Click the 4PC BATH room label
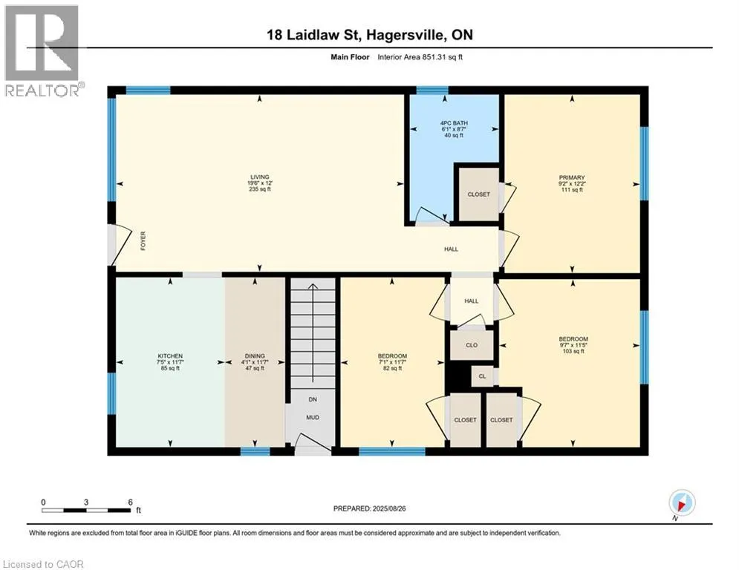(x=454, y=123)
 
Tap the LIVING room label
(x=260, y=177)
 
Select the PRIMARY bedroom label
(x=572, y=177)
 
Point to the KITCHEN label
(x=170, y=356)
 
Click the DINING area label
(x=255, y=356)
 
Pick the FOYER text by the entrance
(x=143, y=240)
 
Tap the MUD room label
(x=313, y=417)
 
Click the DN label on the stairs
(x=313, y=399)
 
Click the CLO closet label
(x=472, y=345)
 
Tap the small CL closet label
(x=482, y=376)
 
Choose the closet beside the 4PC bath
(x=479, y=194)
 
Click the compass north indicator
(x=682, y=504)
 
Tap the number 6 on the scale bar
(x=130, y=502)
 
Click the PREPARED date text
(x=370, y=508)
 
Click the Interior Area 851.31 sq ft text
(x=420, y=57)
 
